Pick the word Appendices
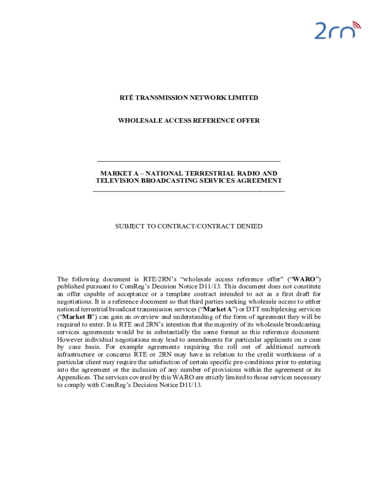[74, 377]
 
